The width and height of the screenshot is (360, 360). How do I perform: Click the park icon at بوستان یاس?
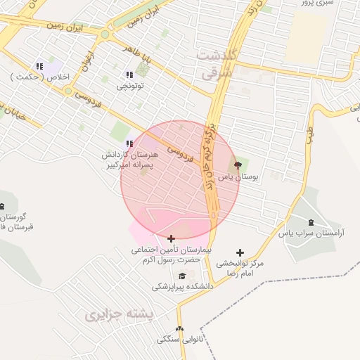[x=237, y=165]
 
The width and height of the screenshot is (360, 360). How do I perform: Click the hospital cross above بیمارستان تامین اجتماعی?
[x=171, y=238]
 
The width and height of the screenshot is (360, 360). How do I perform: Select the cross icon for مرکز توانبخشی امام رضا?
[x=240, y=252]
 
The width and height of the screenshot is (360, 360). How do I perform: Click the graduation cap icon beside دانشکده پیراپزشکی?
[x=183, y=276]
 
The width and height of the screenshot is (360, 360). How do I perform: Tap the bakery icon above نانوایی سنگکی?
[x=179, y=328]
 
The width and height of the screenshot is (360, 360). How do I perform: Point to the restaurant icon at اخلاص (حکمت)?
[x=39, y=66]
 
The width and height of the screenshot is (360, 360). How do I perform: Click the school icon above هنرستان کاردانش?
[x=129, y=143]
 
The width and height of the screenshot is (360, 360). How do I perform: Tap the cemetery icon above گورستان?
[x=1, y=205]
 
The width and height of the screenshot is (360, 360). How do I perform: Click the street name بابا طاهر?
[x=138, y=51]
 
